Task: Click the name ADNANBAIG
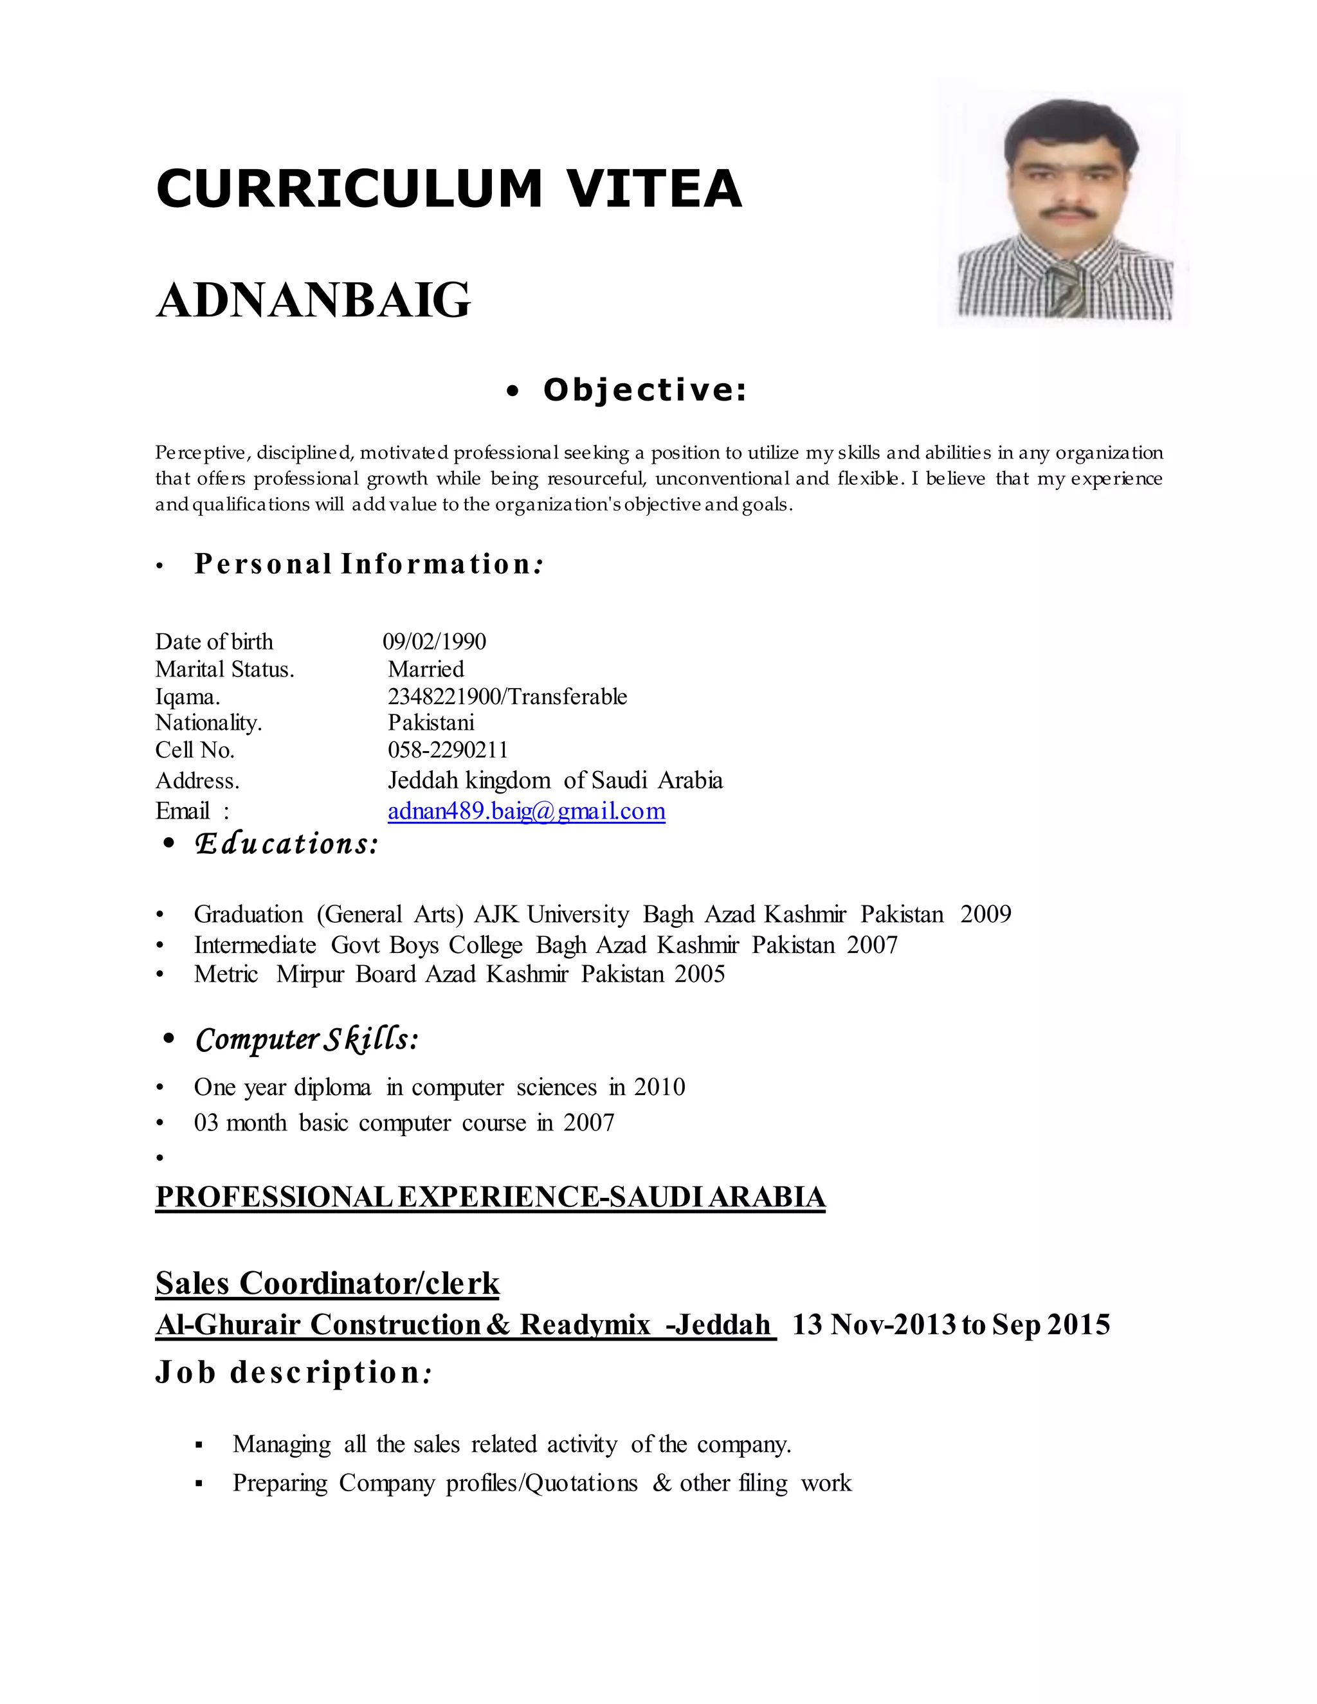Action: pos(313,300)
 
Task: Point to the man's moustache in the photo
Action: pos(1066,212)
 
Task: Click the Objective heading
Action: pos(644,390)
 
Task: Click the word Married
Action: pos(426,669)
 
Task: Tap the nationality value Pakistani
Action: pos(431,723)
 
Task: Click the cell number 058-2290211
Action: pos(448,750)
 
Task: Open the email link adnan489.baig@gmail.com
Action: pos(527,811)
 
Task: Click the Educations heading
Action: pos(286,844)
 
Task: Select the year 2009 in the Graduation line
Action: pos(985,914)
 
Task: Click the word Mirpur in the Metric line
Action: pos(310,974)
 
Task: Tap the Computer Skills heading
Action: pos(307,1039)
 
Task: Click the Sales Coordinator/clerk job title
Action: pos(328,1283)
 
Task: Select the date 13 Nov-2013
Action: pos(874,1325)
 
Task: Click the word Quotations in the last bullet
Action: pos(581,1483)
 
